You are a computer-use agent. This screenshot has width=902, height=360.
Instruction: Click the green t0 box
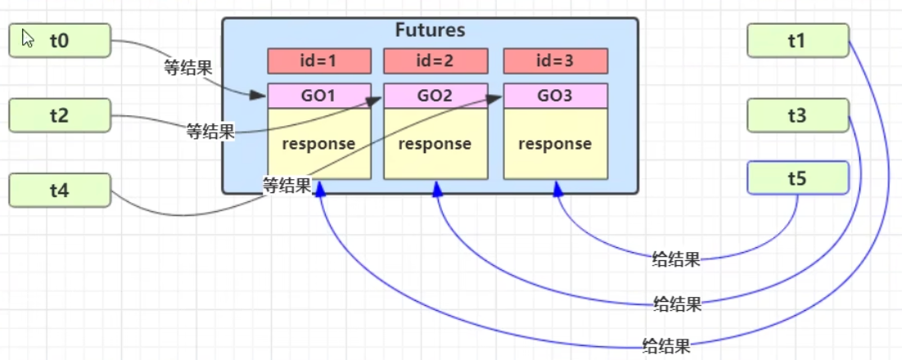tap(60, 41)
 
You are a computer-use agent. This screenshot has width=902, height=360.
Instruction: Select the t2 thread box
tap(60, 115)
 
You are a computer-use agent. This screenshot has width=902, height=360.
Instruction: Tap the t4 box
tap(60, 191)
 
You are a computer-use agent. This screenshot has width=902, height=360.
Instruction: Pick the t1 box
tap(798, 41)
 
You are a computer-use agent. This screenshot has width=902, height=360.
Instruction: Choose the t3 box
tap(798, 116)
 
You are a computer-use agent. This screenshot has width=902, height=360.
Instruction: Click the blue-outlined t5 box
tap(798, 178)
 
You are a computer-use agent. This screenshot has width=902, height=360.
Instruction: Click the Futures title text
tap(430, 31)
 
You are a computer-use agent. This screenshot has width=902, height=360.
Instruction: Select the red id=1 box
tap(319, 61)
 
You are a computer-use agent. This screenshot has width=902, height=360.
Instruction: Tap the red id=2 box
tap(435, 61)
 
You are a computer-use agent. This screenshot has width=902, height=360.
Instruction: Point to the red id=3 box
tap(555, 61)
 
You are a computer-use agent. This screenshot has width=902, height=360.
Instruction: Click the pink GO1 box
tap(319, 96)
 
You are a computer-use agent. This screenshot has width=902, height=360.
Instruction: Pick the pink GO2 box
tap(435, 96)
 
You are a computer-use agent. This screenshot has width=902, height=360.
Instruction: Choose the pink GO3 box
tap(555, 96)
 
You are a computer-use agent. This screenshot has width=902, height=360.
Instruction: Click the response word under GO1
tap(319, 144)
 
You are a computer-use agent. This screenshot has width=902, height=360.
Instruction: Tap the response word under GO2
tap(435, 144)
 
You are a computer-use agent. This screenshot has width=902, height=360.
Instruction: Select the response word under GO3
tap(555, 144)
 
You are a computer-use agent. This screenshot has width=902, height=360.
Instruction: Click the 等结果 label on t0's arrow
tap(188, 68)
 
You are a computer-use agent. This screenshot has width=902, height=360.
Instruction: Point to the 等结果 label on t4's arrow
tap(286, 186)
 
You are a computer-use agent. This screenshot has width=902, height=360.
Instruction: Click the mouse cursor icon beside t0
tap(27, 38)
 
